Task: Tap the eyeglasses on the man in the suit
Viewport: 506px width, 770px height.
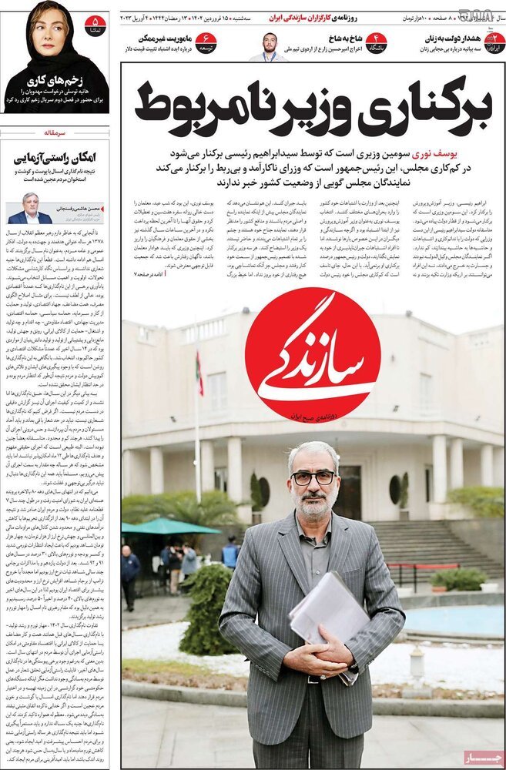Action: (313, 477)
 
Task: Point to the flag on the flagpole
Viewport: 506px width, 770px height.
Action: (199, 370)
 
